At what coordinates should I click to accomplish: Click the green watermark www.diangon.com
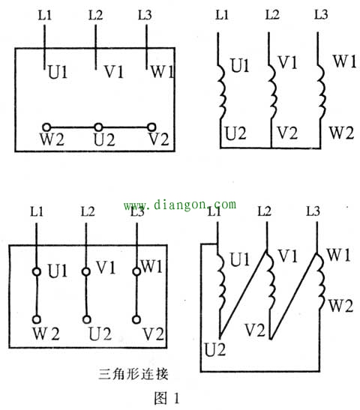tap(180, 205)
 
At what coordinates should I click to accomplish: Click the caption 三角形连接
tap(133, 374)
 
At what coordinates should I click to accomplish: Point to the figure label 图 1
tap(167, 398)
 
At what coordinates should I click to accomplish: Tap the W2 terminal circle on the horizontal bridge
tap(46, 127)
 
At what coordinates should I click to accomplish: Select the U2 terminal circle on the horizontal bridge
tap(98, 127)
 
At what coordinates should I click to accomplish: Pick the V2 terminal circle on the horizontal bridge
tap(151, 127)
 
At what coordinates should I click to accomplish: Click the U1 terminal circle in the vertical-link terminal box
tap(37, 271)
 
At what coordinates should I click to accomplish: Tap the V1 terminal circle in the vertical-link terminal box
tap(85, 271)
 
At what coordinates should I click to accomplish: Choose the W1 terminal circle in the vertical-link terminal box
tap(136, 271)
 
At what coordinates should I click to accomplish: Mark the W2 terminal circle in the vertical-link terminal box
tap(37, 319)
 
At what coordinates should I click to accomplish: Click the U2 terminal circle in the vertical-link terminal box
tap(87, 319)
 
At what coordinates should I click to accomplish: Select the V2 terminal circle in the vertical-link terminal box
tap(136, 319)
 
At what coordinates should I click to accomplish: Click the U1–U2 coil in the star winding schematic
tap(223, 91)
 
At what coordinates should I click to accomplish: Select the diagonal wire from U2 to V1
tap(243, 295)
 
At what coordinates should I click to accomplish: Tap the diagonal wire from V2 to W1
tap(293, 296)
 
